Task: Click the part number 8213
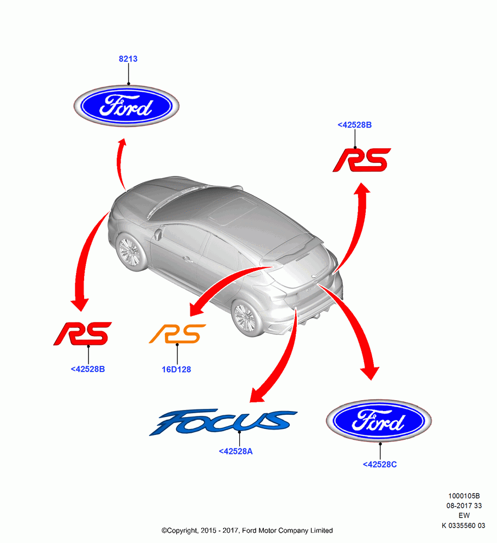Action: coord(128,59)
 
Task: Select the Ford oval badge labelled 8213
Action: coord(126,106)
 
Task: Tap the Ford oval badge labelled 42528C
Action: coord(379,420)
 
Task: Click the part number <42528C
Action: coord(380,464)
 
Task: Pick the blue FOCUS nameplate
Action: coord(223,422)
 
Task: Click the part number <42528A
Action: coord(235,451)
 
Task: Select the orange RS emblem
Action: coord(177,334)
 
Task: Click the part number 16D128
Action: coord(176,369)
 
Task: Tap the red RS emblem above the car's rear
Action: coord(362,160)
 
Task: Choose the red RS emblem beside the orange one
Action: coord(82,333)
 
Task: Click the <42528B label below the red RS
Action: coord(87,369)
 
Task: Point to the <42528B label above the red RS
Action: coord(354,125)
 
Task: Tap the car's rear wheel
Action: coord(248,318)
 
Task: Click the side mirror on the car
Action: coord(158,233)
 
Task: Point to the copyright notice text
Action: coord(247,531)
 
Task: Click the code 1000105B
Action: coord(464,496)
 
